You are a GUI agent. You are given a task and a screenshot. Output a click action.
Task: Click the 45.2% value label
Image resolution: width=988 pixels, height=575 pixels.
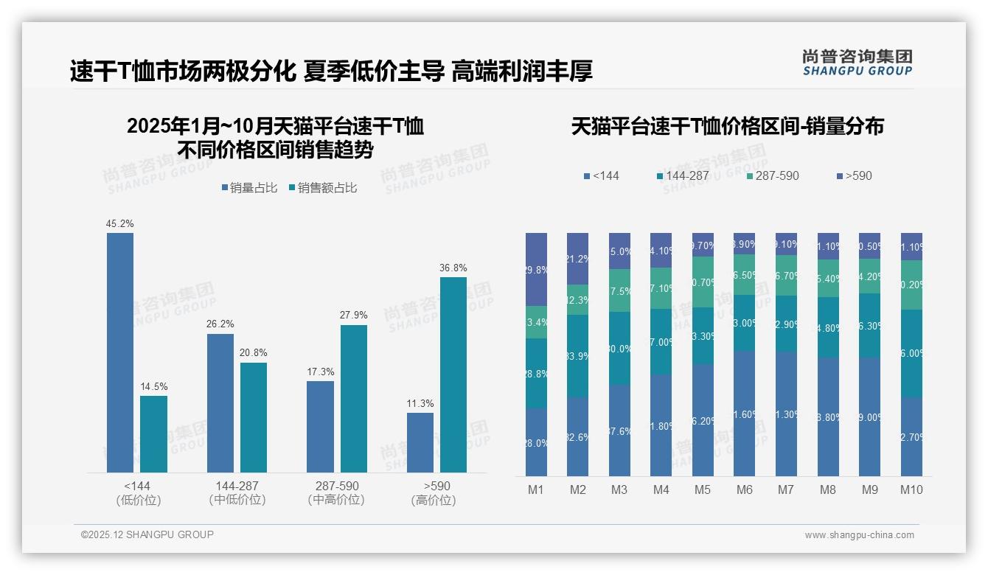tap(120, 223)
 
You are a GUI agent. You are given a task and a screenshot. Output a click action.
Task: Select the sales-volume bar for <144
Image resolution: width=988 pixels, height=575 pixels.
tap(120, 352)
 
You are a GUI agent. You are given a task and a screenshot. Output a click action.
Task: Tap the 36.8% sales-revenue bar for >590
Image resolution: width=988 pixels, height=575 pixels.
tap(453, 374)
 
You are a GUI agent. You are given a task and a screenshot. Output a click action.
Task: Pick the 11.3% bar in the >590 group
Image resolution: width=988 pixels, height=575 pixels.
tap(420, 442)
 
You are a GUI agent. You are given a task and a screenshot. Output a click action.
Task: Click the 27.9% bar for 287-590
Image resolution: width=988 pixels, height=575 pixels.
tap(354, 398)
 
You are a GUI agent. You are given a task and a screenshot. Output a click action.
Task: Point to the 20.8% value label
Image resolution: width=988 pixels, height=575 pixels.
tap(254, 353)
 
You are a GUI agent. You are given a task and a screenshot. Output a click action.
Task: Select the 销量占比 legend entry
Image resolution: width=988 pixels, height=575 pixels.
tap(249, 188)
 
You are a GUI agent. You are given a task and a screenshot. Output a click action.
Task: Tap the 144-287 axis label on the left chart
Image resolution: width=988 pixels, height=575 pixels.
tap(237, 486)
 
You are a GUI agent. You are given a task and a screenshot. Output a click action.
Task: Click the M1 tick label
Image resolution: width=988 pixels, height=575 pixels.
tap(536, 489)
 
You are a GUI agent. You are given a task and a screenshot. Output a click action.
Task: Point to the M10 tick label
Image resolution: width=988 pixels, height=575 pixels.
tap(911, 489)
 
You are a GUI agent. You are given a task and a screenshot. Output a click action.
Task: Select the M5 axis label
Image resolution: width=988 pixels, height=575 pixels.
tap(703, 489)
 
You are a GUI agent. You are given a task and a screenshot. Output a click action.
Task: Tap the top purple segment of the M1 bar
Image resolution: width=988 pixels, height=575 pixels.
tap(536, 269)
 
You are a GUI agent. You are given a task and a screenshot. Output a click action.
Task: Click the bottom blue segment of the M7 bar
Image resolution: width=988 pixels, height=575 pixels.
tap(786, 414)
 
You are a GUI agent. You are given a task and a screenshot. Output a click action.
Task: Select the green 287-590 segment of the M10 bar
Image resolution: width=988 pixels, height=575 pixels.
tap(911, 285)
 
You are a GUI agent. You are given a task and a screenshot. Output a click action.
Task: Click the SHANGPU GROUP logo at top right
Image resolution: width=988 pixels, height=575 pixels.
tap(857, 63)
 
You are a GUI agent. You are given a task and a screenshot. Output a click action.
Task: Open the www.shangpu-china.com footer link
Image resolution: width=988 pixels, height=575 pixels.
tap(859, 535)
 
